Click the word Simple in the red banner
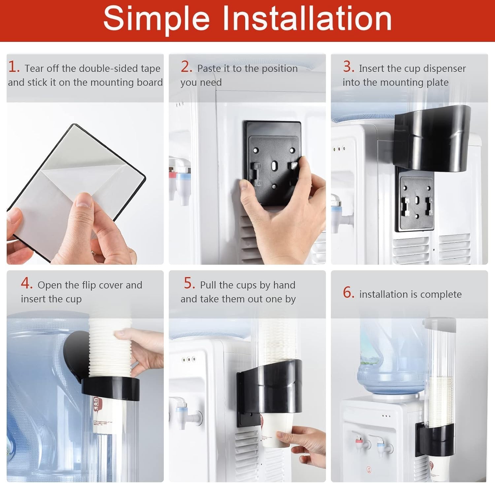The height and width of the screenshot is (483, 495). tap(156, 19)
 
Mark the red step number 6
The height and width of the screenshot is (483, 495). tap(348, 292)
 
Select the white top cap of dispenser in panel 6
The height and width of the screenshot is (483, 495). tap(440, 325)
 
